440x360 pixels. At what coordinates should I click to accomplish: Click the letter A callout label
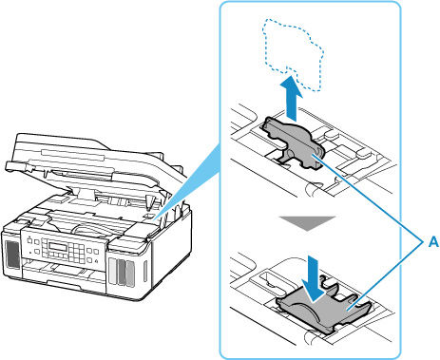[433, 242]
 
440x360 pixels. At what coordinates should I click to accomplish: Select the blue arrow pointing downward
[314, 276]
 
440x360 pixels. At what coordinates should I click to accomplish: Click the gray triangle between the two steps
[307, 222]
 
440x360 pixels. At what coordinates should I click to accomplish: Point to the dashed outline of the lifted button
[292, 54]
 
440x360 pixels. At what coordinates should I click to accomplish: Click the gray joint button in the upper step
[293, 143]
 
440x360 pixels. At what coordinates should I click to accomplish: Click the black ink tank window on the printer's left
[13, 255]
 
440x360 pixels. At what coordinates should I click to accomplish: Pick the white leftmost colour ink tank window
[112, 272]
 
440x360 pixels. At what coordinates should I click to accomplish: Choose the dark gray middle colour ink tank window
[121, 273]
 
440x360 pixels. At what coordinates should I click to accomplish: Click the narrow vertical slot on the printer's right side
[144, 272]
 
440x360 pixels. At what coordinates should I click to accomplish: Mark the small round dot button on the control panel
[29, 253]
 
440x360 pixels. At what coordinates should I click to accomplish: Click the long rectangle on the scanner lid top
[72, 156]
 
